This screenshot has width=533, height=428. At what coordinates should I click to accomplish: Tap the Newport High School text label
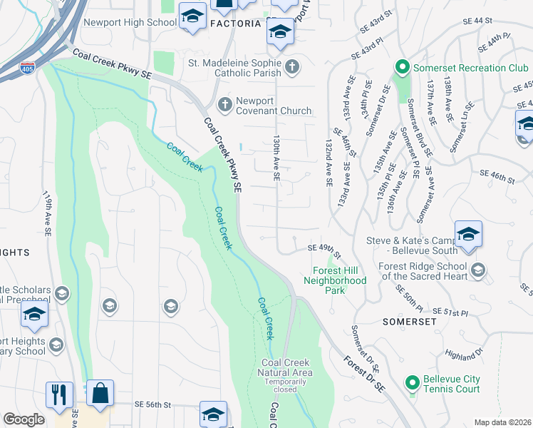point(130,23)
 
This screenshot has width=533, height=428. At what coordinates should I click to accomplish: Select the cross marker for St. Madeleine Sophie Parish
point(291,67)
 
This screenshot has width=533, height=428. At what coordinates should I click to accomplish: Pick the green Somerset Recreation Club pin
point(401,68)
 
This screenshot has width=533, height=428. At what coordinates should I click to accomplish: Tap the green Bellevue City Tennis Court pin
point(411,383)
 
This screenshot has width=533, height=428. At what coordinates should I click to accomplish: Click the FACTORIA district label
point(236,24)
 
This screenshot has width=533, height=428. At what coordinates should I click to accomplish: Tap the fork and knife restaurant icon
point(59,394)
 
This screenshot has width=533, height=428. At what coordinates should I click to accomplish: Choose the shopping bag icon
point(100,393)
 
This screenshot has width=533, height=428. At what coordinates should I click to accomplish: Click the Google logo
point(24,419)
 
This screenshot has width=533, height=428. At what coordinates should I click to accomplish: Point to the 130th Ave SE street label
point(276,158)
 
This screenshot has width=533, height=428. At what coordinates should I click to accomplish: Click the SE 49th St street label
point(324,248)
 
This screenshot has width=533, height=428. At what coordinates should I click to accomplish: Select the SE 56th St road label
point(153,404)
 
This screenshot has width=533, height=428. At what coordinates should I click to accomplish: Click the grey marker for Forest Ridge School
point(478,269)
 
